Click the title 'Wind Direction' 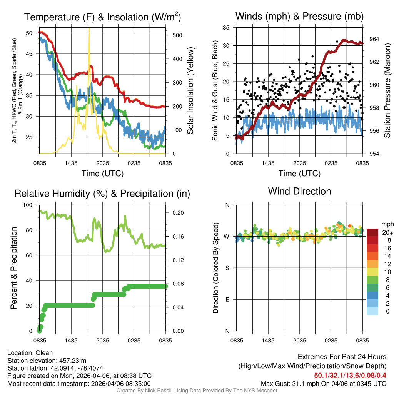[x=299, y=191]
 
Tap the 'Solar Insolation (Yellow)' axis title [x=190, y=91]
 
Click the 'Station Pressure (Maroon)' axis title [x=387, y=91]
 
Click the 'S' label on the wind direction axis [x=227, y=268]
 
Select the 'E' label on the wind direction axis [x=227, y=299]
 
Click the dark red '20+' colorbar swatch [x=372, y=232]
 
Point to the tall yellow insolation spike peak [x=89, y=29]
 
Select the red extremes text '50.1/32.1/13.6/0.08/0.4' [x=350, y=376]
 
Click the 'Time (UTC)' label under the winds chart [x=300, y=174]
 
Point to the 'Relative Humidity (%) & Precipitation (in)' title [x=102, y=194]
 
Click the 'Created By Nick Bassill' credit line [x=197, y=390]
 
